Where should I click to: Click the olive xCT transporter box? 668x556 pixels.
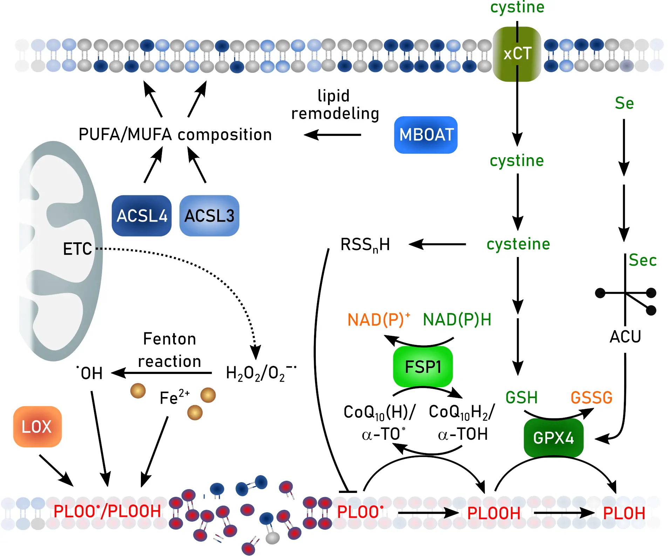tap(517, 54)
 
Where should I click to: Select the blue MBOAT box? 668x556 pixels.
tap(426, 135)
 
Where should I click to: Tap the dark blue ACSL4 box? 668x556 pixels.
tap(142, 216)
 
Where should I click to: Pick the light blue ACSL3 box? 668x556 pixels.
tap(209, 216)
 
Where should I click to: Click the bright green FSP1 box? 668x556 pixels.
tap(423, 367)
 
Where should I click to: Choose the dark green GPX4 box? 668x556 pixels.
tap(553, 438)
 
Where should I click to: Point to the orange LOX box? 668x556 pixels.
tap(37, 426)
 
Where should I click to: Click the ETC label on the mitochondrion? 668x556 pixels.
tap(77, 249)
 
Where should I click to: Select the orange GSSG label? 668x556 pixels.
tap(591, 398)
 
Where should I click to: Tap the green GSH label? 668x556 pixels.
tap(522, 398)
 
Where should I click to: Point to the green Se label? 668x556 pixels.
tap(624, 103)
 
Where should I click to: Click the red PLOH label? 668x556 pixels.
tap(624, 513)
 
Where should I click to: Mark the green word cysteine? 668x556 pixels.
tap(518, 244)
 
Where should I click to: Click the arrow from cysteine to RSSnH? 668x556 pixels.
tap(437, 244)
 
